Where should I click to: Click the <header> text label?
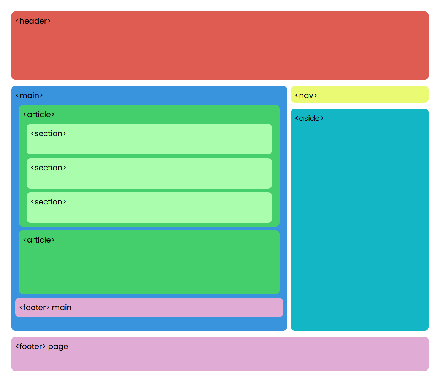(x=33, y=21)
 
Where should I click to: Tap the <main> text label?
(x=29, y=95)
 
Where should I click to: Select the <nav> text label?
(x=306, y=95)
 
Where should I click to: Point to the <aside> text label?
(x=309, y=118)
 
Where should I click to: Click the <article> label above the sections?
(x=39, y=114)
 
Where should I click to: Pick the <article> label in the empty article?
(x=39, y=240)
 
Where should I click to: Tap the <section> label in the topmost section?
(x=48, y=133)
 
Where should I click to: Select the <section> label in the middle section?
(x=48, y=168)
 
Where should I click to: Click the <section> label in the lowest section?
(x=48, y=202)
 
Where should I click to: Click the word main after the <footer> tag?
(x=62, y=308)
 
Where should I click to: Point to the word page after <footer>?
(x=58, y=347)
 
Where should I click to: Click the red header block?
(x=220, y=49)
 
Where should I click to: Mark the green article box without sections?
(x=149, y=266)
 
